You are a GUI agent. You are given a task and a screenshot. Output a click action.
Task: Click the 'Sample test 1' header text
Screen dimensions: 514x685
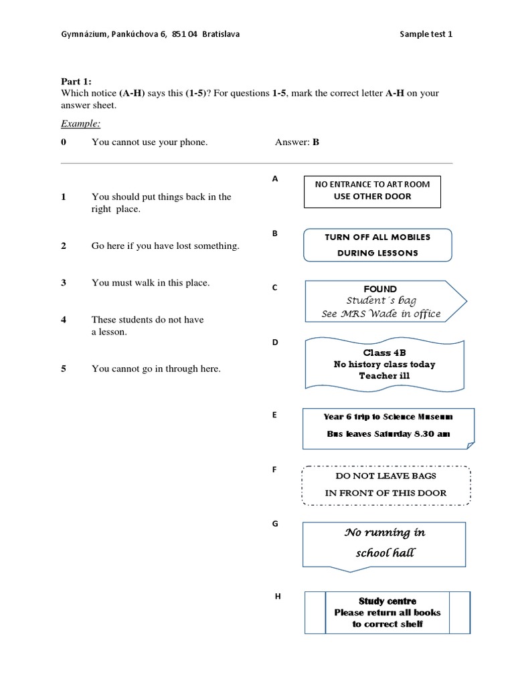click(x=426, y=34)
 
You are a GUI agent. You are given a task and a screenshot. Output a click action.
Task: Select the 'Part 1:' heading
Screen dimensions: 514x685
click(x=76, y=81)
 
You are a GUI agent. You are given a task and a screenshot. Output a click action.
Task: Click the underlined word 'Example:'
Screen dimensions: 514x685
click(x=80, y=124)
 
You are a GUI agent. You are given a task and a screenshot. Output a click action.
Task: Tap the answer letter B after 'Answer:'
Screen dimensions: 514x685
click(x=316, y=142)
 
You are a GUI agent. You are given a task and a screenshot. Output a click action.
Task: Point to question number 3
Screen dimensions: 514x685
click(x=64, y=283)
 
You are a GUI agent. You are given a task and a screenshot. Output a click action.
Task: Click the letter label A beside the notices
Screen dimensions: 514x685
click(x=274, y=179)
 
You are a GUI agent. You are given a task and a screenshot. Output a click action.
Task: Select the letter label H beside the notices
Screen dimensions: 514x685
click(x=278, y=596)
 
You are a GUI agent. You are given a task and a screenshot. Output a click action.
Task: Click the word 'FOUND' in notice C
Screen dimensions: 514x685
click(x=380, y=289)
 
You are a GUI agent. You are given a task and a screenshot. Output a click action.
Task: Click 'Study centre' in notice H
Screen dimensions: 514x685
click(x=387, y=601)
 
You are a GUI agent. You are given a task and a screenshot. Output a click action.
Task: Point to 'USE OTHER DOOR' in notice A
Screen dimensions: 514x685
click(x=372, y=197)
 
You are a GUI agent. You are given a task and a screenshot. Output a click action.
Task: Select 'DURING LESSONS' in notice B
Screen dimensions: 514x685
click(x=377, y=253)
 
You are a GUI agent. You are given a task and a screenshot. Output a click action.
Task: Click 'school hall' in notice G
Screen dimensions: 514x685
click(x=385, y=553)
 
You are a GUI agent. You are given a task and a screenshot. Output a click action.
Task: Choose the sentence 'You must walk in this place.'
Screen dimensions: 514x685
click(x=151, y=283)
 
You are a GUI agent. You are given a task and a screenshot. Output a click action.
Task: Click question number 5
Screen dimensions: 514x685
click(x=64, y=369)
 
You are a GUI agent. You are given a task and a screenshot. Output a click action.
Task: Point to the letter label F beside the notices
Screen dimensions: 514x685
click(x=274, y=470)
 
